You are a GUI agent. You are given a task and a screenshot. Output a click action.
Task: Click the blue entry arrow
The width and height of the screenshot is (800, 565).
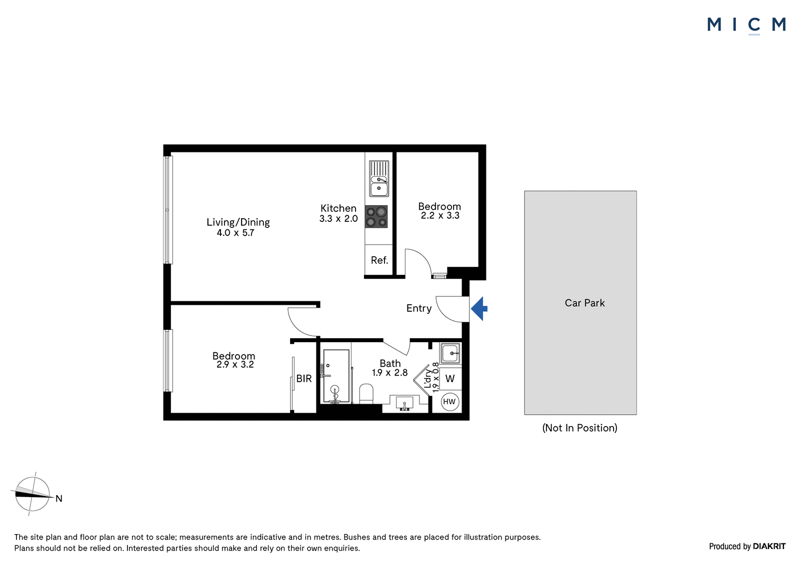click(479, 309)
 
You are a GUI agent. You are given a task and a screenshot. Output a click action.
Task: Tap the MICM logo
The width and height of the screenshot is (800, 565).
click(746, 25)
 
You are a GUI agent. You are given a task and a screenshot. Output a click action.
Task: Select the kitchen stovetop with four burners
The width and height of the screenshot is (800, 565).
click(376, 217)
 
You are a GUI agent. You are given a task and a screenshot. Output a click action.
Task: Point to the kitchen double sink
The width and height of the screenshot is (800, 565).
click(378, 178)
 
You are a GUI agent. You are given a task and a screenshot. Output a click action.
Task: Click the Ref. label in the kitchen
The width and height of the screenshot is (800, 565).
click(379, 260)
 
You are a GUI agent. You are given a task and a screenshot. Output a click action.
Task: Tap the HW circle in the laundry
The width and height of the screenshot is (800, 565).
click(449, 402)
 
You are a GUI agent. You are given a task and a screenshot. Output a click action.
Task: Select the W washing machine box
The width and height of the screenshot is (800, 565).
click(450, 379)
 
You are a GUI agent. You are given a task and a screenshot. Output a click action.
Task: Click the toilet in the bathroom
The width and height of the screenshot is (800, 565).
click(366, 394)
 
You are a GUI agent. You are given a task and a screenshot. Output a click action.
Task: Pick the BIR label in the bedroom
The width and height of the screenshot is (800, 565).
click(304, 378)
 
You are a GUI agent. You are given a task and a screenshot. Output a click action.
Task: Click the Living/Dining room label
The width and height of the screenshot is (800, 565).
click(238, 222)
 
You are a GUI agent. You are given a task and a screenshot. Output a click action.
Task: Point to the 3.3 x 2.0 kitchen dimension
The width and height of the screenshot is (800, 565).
click(338, 219)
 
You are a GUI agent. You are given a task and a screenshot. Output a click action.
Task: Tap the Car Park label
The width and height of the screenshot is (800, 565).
click(584, 303)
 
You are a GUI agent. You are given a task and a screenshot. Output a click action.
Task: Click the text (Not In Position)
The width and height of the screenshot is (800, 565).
click(579, 428)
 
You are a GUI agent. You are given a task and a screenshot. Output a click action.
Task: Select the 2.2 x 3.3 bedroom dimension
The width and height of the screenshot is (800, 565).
click(440, 216)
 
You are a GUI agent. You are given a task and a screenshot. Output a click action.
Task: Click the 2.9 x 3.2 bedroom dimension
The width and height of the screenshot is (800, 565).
click(235, 364)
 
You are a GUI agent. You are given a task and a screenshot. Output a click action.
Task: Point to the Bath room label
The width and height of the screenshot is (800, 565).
click(390, 363)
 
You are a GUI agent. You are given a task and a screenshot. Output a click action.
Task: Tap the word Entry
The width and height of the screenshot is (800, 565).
click(419, 308)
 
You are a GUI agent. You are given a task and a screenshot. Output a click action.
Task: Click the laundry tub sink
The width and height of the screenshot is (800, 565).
click(450, 353)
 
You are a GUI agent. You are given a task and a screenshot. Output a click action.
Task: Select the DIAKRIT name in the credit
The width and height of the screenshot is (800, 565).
click(769, 546)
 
